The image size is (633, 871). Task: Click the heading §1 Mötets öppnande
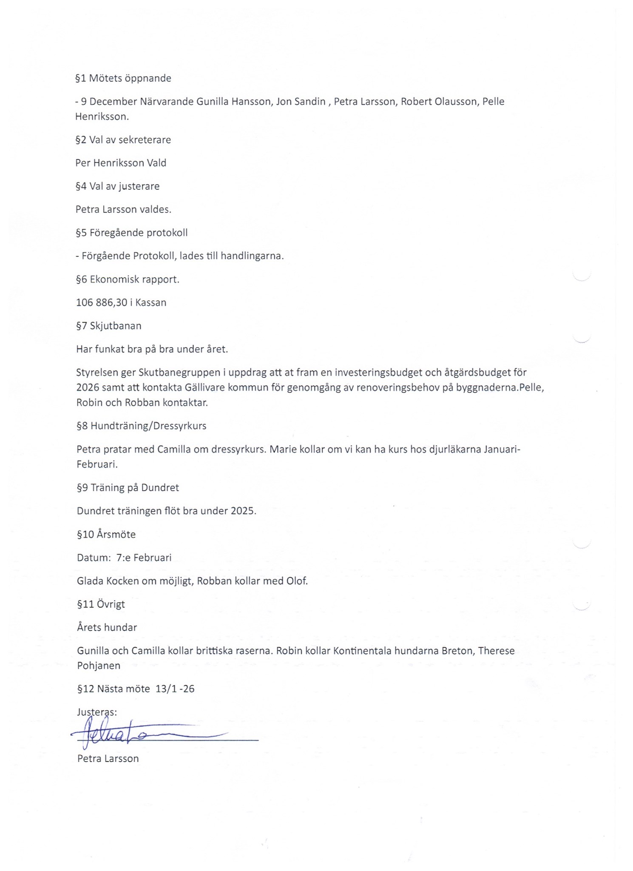pyautogui.click(x=123, y=78)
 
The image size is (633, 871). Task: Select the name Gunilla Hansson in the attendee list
pyautogui.click(x=233, y=102)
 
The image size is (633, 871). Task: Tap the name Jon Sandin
pyautogui.click(x=301, y=102)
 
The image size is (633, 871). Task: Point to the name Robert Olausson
pyautogui.click(x=440, y=102)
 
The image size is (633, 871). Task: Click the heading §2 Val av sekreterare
pyautogui.click(x=123, y=140)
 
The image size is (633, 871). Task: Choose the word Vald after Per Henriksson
pyautogui.click(x=156, y=163)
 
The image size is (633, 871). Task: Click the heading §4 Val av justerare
pyautogui.click(x=118, y=186)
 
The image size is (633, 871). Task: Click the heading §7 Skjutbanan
pyautogui.click(x=109, y=326)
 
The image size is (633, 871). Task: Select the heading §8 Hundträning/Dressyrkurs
pyautogui.click(x=142, y=426)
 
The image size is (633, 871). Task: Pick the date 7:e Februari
pyautogui.click(x=144, y=558)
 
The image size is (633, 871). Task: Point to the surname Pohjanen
pyautogui.click(x=99, y=666)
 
